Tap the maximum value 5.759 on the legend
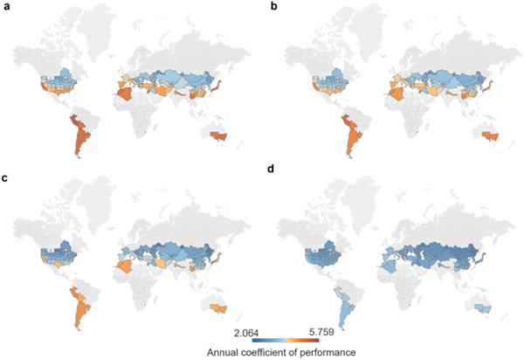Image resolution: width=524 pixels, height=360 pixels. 308,332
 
